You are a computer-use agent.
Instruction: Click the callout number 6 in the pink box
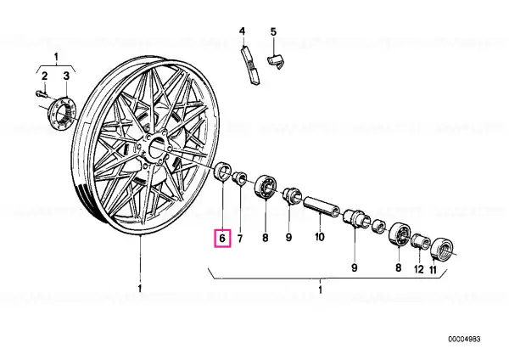[x=222, y=238]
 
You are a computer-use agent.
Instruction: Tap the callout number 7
[x=240, y=239]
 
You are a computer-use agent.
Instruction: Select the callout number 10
[x=320, y=237]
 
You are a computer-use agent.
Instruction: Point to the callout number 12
[x=419, y=269]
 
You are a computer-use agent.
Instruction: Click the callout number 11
[x=433, y=270]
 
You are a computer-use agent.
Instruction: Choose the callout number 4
[x=242, y=31]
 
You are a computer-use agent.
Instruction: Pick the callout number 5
[x=273, y=32]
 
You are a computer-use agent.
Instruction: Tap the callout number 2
[x=44, y=76]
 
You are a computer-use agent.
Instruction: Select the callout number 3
[x=66, y=76]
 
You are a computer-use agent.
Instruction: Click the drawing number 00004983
[x=464, y=340]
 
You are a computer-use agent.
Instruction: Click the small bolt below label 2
[x=42, y=94]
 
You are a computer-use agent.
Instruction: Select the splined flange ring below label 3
[x=62, y=112]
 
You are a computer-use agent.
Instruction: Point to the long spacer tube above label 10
[x=322, y=206]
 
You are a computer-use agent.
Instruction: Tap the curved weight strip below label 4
[x=250, y=65]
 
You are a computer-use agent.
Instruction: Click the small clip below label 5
[x=276, y=62]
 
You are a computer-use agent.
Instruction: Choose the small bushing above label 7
[x=240, y=178]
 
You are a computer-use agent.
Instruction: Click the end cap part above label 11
[x=441, y=249]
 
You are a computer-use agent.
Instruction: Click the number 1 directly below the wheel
[x=140, y=288]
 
